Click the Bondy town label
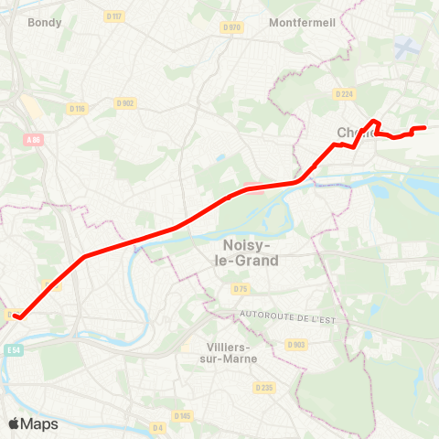pyautogui.click(x=45, y=22)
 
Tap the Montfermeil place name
pyautogui.click(x=305, y=22)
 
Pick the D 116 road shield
pyautogui.click(x=77, y=109)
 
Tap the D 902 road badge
pyautogui.click(x=125, y=102)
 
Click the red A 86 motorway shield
pyautogui.click(x=34, y=139)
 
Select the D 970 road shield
pyautogui.click(x=231, y=27)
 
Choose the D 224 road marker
pyautogui.click(x=345, y=93)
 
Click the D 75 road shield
pyautogui.click(x=240, y=289)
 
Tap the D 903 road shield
pyautogui.click(x=295, y=344)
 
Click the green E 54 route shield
pyautogui.click(x=13, y=349)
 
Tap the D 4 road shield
pyautogui.click(x=157, y=426)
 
